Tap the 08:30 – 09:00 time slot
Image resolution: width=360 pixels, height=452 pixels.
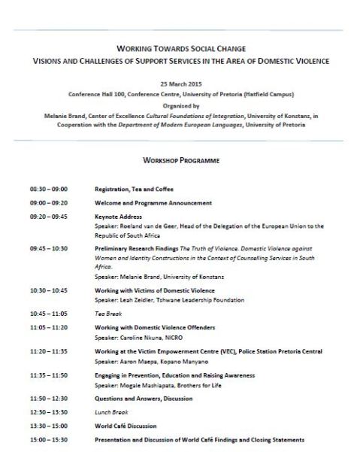pyautogui.click(x=48, y=190)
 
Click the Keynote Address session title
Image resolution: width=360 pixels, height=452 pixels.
pyautogui.click(x=120, y=216)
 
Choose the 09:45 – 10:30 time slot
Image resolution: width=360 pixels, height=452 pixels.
pyautogui.click(x=48, y=247)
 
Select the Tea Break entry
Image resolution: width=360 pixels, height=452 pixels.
pyautogui.click(x=107, y=312)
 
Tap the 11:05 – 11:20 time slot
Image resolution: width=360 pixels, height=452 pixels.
pyautogui.click(x=48, y=329)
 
